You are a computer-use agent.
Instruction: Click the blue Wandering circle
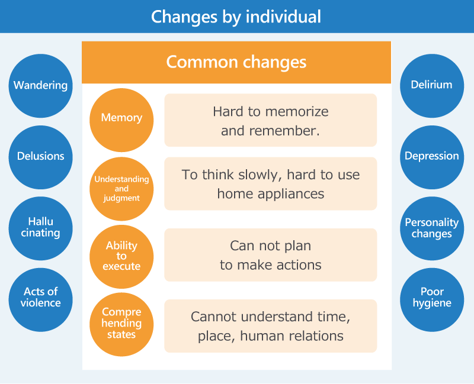tap(40, 86)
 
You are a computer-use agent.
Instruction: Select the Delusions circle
tap(40, 157)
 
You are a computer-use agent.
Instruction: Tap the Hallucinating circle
tap(40, 228)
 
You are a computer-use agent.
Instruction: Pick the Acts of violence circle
tap(40, 300)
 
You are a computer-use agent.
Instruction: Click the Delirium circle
tap(432, 86)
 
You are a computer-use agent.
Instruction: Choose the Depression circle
tap(432, 157)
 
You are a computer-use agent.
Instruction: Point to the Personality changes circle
tap(432, 228)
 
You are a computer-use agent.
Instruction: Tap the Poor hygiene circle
tap(432, 300)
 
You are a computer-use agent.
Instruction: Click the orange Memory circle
tap(121, 120)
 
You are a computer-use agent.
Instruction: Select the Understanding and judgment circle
tap(121, 189)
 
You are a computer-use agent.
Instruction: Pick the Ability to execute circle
tap(121, 257)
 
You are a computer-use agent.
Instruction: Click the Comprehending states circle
tap(121, 324)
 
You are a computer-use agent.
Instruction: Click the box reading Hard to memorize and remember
tap(271, 120)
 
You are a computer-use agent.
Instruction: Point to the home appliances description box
tap(271, 183)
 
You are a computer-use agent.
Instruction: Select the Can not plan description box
tap(271, 255)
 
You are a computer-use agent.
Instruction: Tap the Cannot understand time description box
tap(271, 326)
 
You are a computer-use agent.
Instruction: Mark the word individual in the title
tap(283, 17)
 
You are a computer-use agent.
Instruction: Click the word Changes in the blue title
tap(184, 17)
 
